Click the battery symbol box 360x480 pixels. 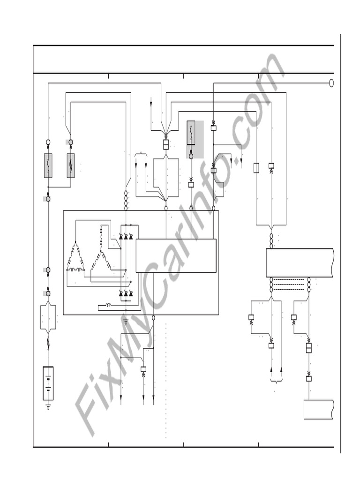pyautogui.click(x=48, y=383)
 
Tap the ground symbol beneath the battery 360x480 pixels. pyautogui.click(x=48, y=407)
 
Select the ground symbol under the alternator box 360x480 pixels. pyautogui.click(x=126, y=322)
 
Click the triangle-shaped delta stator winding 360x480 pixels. pyautogui.click(x=75, y=257)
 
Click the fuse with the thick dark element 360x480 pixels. pyautogui.click(x=71, y=165)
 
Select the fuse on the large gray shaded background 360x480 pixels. pyautogui.click(x=191, y=133)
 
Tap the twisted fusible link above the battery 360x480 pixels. pyautogui.click(x=48, y=343)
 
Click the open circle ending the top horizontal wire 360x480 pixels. pyautogui.click(x=331, y=83)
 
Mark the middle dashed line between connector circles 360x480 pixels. pyautogui.click(x=290, y=285)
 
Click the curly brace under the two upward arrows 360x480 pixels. pyautogui.click(x=276, y=381)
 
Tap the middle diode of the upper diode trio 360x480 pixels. pyautogui.click(x=126, y=237)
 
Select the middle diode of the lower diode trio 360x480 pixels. pyautogui.click(x=126, y=293)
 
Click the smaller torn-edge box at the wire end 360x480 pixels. pyautogui.click(x=318, y=410)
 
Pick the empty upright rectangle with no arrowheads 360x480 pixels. pyautogui.click(x=256, y=168)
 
